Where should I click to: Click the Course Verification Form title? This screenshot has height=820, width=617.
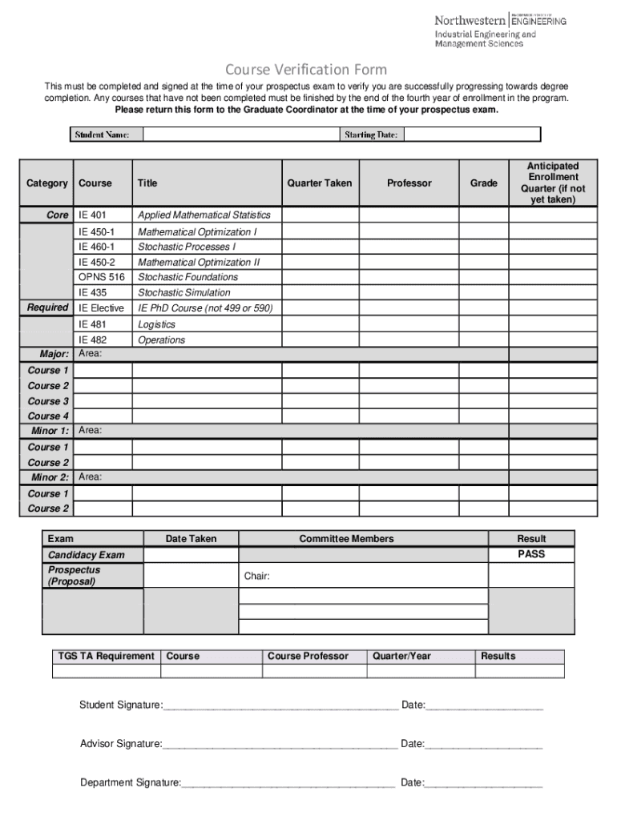pyautogui.click(x=306, y=70)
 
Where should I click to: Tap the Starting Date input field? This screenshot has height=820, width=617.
pyautogui.click(x=472, y=135)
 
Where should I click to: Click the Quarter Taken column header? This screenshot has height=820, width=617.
pyautogui.click(x=320, y=183)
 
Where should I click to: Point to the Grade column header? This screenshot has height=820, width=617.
pyautogui.click(x=483, y=183)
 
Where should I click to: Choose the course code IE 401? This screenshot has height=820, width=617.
pyautogui.click(x=92, y=215)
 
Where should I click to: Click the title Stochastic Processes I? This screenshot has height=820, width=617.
pyautogui.click(x=187, y=247)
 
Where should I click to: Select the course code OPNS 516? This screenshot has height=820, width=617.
pyautogui.click(x=102, y=277)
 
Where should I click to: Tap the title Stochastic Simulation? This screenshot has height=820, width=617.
pyautogui.click(x=183, y=292)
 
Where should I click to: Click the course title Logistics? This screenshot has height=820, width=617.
pyautogui.click(x=156, y=324)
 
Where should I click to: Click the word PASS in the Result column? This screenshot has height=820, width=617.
pyautogui.click(x=531, y=554)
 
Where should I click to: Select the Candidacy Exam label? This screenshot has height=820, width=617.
pyautogui.click(x=87, y=555)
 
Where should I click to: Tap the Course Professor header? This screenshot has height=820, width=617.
pyautogui.click(x=308, y=656)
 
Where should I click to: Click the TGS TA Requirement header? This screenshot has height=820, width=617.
pyautogui.click(x=106, y=656)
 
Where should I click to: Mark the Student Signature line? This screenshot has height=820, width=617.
pyautogui.click(x=280, y=705)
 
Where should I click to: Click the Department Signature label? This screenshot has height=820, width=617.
pyautogui.click(x=130, y=782)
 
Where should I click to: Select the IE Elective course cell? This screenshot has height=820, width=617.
pyautogui.click(x=101, y=308)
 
